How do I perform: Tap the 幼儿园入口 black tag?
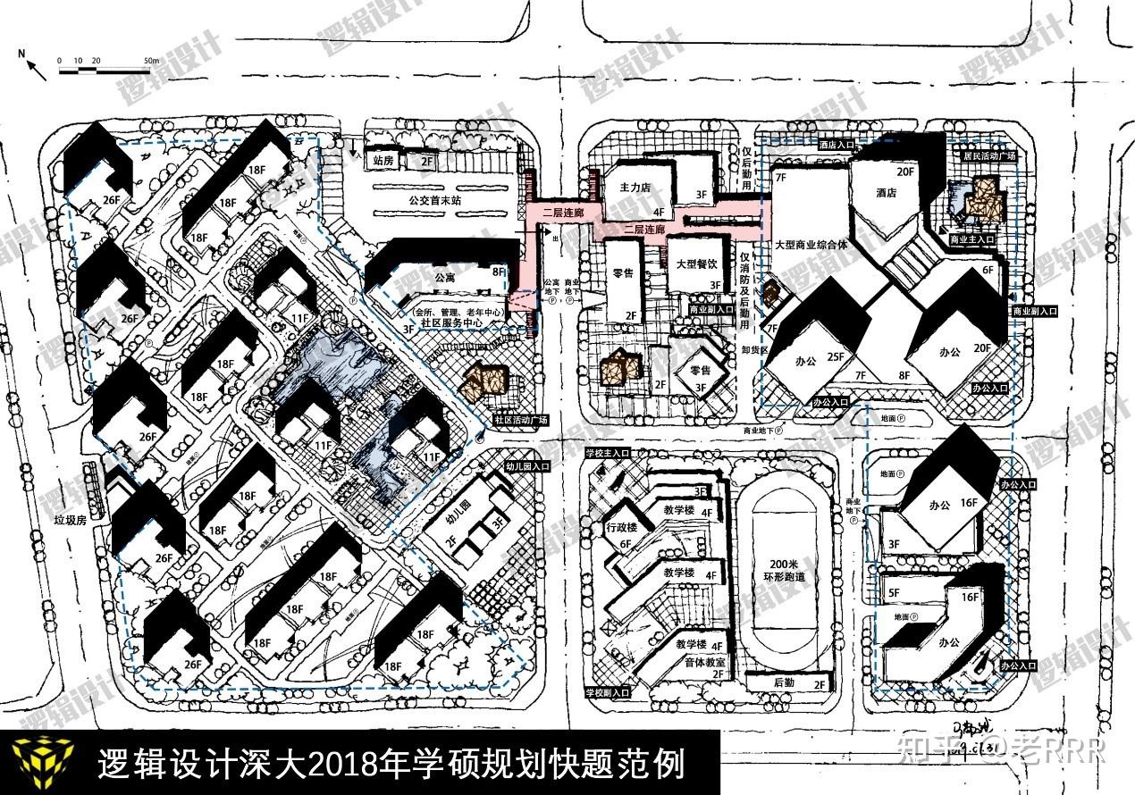tap(527, 466)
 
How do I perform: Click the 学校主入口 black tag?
tap(609, 454)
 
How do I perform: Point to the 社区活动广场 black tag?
tap(519, 419)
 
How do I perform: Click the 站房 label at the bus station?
tap(383, 163)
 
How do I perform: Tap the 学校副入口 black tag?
tap(608, 692)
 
